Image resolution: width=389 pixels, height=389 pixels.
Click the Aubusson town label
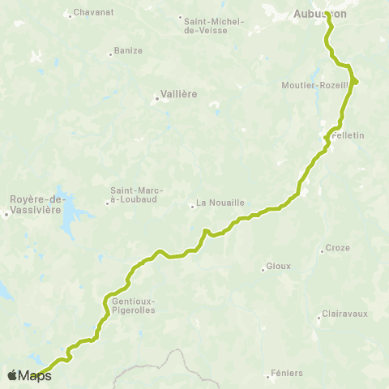pos(319,15)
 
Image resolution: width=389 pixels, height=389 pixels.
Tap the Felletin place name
pos(348,135)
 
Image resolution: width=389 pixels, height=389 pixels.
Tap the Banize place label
pos(129,50)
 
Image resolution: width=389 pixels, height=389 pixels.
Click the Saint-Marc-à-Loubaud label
pos(136,196)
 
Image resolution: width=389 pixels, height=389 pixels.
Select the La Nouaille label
pos(221,204)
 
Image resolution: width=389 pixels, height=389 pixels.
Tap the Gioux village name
pos(277,267)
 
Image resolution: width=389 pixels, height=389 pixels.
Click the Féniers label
pos(288,373)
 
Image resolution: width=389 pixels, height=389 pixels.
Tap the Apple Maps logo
pos(29,375)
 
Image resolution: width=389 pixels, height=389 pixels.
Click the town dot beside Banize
pos(110,54)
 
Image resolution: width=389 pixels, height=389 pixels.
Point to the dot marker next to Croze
pos(322,251)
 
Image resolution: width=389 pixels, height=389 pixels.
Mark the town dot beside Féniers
pos(267,376)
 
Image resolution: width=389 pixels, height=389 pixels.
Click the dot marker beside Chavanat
pos(71,14)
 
